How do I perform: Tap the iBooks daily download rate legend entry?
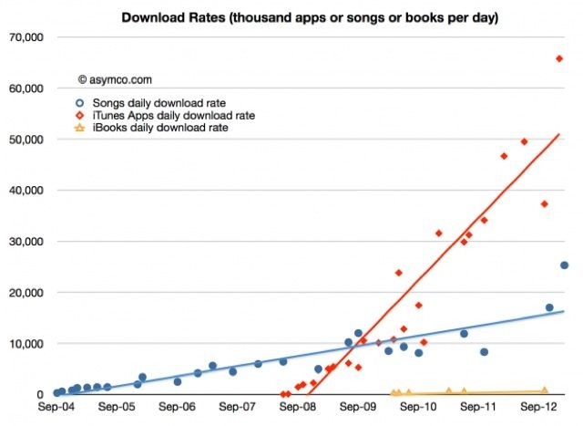click(159, 129)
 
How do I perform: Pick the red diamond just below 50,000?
click(524, 141)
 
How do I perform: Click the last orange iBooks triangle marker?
click(545, 390)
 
